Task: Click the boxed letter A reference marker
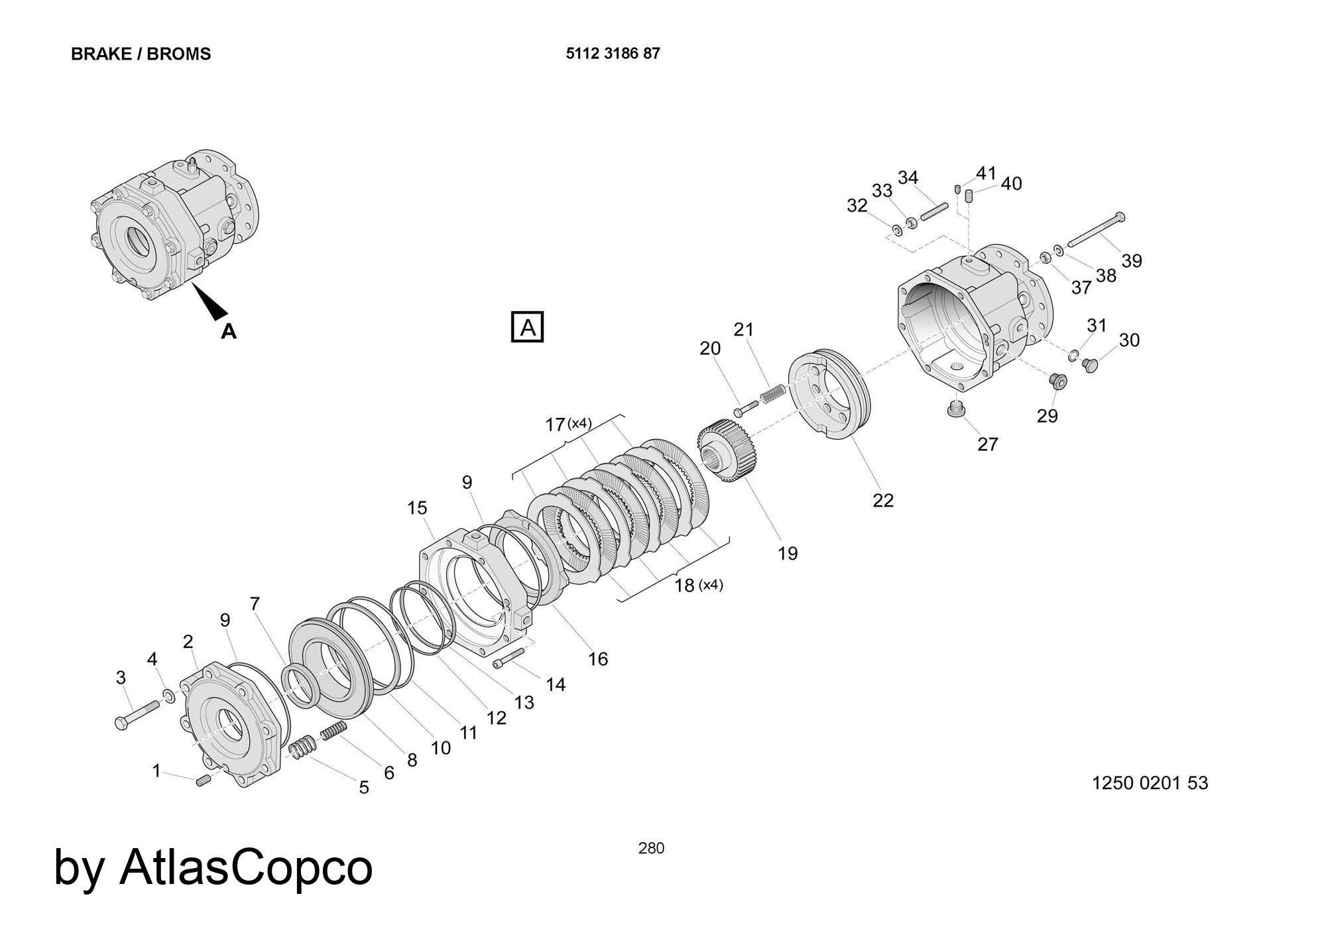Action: [527, 327]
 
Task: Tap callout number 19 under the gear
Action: [788, 553]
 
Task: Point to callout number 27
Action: [987, 444]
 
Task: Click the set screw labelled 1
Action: [203, 781]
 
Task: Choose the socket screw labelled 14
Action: [509, 658]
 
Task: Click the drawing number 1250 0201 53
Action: [1150, 783]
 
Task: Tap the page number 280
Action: [651, 847]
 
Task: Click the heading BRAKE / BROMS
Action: [141, 54]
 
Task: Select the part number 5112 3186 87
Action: [613, 53]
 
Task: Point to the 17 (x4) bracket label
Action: [568, 423]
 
